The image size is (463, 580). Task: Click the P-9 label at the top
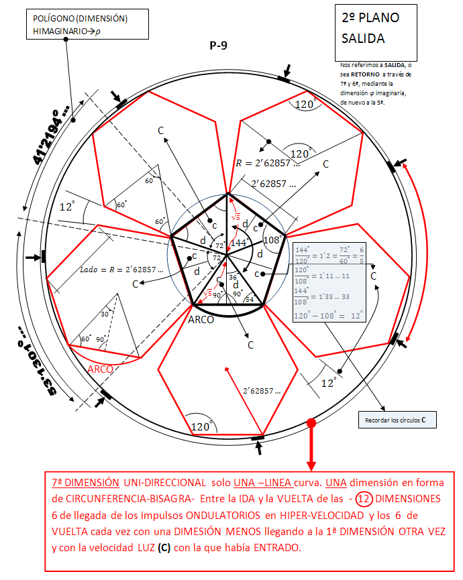coord(218,46)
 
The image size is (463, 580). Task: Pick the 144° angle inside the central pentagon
coord(240,242)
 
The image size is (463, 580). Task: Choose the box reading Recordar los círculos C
coord(395,420)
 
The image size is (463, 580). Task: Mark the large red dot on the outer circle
coord(311,423)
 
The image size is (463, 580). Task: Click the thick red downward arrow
coord(311,447)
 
